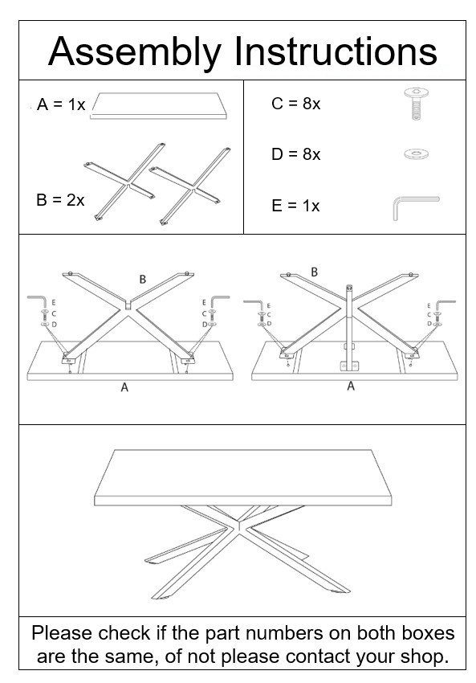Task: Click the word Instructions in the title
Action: click(x=336, y=52)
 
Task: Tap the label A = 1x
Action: click(x=61, y=105)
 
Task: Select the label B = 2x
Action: click(x=60, y=200)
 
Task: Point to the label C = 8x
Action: click(x=295, y=104)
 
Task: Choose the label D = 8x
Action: click(x=295, y=154)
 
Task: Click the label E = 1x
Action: click(x=295, y=206)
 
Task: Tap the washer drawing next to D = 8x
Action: click(x=415, y=153)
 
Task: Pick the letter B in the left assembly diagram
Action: click(x=142, y=280)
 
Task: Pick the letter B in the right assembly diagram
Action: click(x=314, y=272)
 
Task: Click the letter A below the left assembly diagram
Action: click(x=124, y=387)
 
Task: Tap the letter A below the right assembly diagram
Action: click(x=350, y=386)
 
